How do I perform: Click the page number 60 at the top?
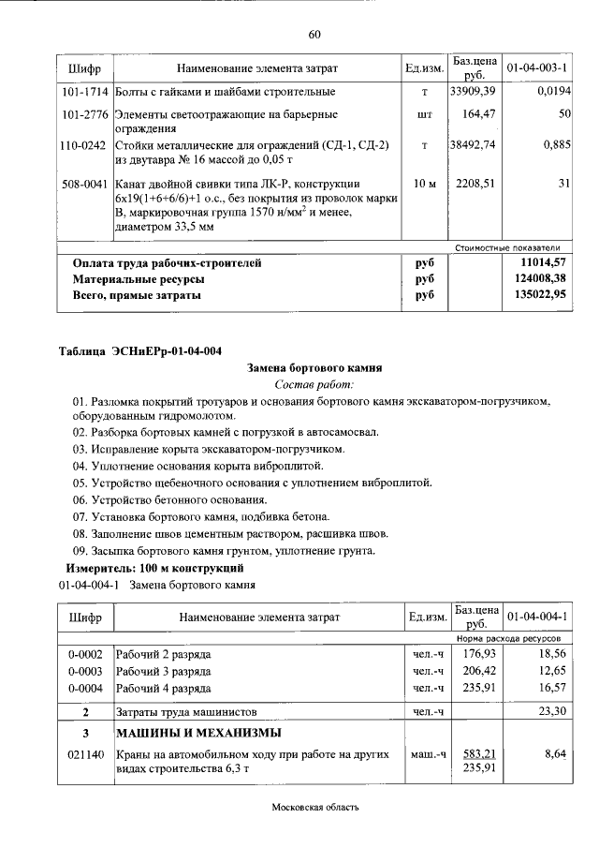[314, 35]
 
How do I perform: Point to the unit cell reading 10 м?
[424, 185]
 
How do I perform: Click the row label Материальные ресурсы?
[139, 280]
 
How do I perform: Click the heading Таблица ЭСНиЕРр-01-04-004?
[140, 352]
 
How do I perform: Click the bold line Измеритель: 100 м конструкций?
[154, 569]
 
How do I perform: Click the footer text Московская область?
[314, 807]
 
